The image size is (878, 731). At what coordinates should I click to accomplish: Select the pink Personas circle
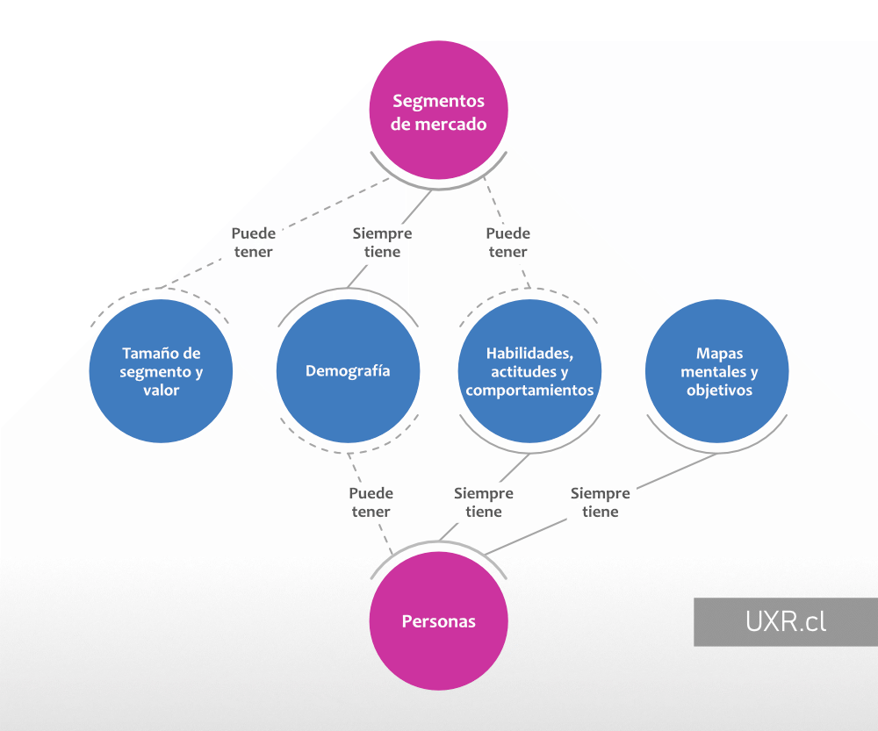click(438, 620)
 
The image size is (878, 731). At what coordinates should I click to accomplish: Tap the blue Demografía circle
click(348, 371)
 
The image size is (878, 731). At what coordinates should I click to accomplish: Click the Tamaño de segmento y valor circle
click(162, 371)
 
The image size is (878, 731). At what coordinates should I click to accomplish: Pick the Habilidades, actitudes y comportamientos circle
click(529, 371)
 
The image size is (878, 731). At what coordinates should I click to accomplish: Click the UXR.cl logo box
click(785, 622)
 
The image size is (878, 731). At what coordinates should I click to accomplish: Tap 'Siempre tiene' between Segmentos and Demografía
click(382, 243)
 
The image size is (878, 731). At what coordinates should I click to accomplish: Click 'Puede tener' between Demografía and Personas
click(371, 503)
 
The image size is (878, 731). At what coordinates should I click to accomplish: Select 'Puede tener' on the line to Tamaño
click(253, 243)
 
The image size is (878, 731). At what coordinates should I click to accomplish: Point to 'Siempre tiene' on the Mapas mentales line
click(600, 503)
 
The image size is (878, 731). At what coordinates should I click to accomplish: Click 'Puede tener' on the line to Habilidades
click(507, 243)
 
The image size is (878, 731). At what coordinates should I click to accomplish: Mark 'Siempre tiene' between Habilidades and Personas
click(483, 503)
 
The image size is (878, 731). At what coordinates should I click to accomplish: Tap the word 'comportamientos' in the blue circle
click(529, 391)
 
